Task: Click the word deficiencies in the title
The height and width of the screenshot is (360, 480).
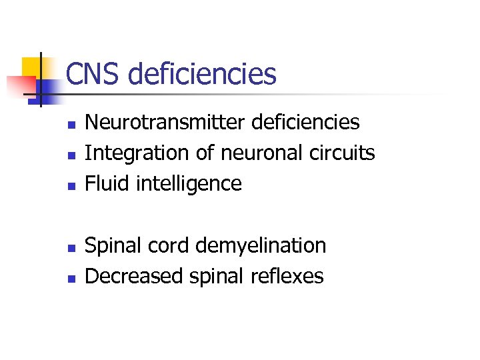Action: tap(201, 73)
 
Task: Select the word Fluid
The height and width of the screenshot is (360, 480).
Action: tap(107, 183)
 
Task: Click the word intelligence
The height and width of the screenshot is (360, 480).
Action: tap(189, 184)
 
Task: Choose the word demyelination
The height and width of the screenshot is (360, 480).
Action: tap(261, 246)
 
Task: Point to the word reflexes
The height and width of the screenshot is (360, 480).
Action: tap(290, 276)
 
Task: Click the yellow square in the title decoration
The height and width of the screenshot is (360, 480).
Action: tap(33, 68)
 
